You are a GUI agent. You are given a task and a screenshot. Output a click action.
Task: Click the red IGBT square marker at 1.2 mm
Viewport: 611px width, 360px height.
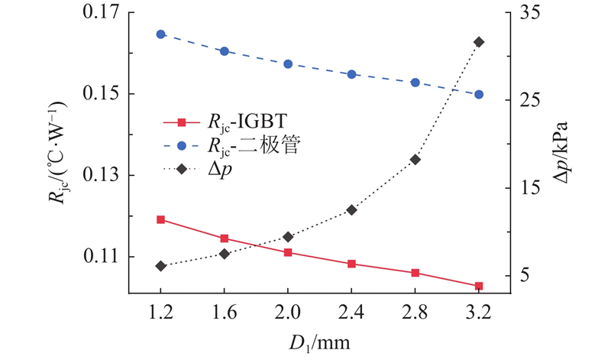pyautogui.click(x=160, y=219)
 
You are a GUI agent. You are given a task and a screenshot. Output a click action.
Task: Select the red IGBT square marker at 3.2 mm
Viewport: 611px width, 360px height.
pyautogui.click(x=479, y=286)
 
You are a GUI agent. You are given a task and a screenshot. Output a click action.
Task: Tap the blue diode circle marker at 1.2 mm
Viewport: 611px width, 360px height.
pyautogui.click(x=160, y=34)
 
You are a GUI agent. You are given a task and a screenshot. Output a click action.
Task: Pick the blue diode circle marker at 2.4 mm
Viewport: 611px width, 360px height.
pyautogui.click(x=351, y=74)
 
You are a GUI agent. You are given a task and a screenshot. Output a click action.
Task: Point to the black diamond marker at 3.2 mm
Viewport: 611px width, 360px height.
pyautogui.click(x=479, y=42)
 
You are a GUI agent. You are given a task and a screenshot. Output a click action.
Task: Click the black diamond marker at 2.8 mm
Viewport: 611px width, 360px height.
pyautogui.click(x=415, y=160)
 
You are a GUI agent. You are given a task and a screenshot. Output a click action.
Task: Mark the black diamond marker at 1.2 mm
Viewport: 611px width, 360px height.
pyautogui.click(x=160, y=266)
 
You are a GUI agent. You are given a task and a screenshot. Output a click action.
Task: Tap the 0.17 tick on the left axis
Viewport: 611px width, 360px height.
pyautogui.click(x=99, y=13)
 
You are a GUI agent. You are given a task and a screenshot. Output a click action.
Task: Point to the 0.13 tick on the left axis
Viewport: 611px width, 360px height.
pyautogui.click(x=99, y=176)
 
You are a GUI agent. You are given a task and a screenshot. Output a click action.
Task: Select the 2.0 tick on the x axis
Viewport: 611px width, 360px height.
pyautogui.click(x=288, y=313)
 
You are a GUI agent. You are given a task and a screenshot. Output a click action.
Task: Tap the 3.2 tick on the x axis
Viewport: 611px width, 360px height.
pyautogui.click(x=479, y=313)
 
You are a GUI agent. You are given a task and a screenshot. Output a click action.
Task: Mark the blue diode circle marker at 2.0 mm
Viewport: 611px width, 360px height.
pyautogui.click(x=288, y=64)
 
